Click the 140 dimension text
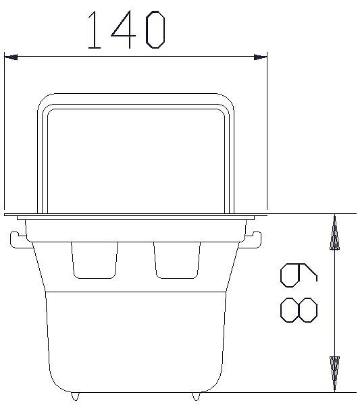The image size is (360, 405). pyautogui.click(x=126, y=30)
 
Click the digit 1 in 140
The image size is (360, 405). pyautogui.click(x=94, y=30)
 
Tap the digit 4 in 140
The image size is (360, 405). pyautogui.click(x=124, y=30)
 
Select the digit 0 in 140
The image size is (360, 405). pyautogui.click(x=155, y=30)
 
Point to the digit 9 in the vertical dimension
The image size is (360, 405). pyautogui.click(x=299, y=275)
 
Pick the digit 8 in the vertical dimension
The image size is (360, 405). pyautogui.click(x=299, y=310)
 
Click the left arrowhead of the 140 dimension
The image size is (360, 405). pyautogui.click(x=11, y=57)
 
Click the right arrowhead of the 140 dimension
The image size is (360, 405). pyautogui.click(x=260, y=57)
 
